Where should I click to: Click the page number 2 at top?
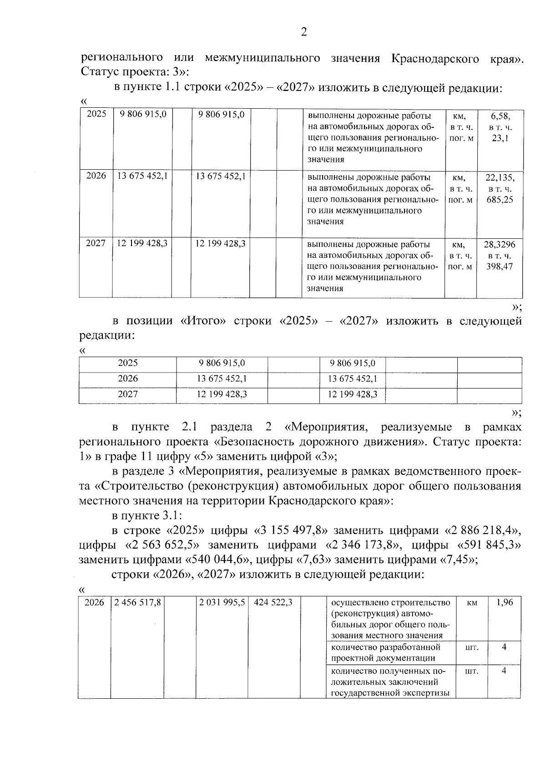click(304, 32)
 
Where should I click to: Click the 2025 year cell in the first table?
click(96, 115)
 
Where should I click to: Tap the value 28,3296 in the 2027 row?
click(500, 245)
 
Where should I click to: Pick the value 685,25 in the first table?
click(500, 200)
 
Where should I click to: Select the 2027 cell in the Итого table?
click(128, 394)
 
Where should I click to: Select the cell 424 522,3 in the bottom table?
click(273, 603)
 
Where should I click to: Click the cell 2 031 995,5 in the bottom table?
click(222, 603)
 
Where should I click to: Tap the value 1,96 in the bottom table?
click(504, 603)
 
